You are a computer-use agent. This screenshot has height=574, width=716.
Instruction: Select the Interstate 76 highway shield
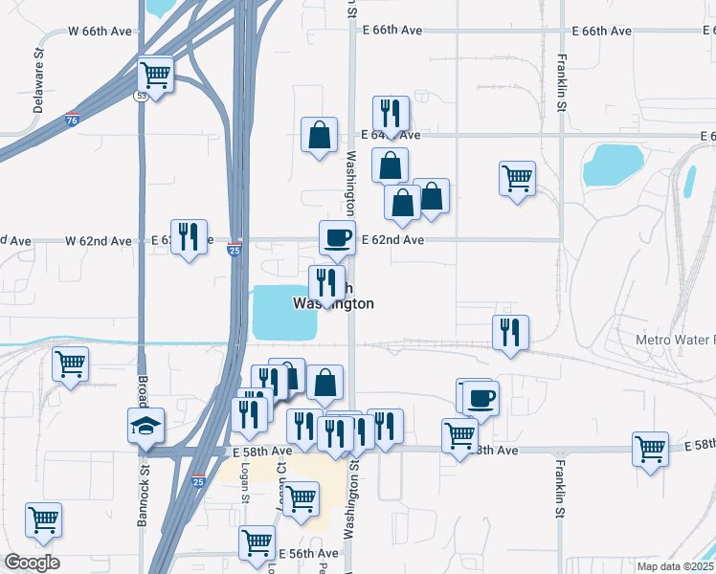pos(73,121)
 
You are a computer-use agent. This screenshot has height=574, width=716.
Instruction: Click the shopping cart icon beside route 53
pos(155,73)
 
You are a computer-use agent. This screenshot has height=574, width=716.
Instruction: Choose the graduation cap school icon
pos(146,424)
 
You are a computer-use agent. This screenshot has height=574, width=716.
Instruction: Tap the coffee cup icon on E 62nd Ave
pos(337,236)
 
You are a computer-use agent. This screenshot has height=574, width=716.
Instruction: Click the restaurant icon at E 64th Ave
pos(390,113)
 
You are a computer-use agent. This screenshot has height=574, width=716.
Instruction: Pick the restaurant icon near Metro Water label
pos(509,332)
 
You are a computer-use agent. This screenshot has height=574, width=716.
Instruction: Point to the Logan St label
pos(245,485)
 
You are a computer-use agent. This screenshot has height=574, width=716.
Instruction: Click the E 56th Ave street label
pos(308,553)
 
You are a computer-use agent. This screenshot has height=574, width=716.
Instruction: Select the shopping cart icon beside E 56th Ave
pos(257,542)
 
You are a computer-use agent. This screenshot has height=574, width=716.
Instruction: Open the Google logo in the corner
pos(32,563)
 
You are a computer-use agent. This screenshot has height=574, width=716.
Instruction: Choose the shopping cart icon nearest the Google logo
pos(43,519)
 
